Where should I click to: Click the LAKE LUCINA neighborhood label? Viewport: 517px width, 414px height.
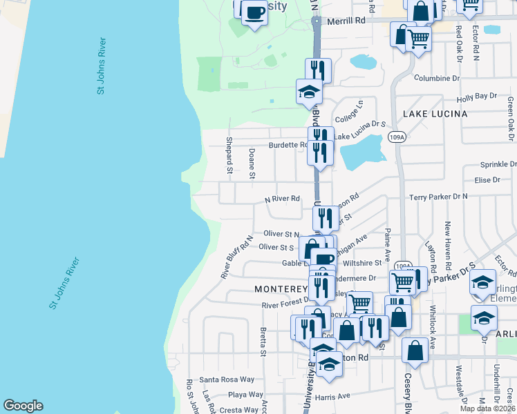pos(436,113)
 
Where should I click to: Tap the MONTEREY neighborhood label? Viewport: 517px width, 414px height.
pos(280,288)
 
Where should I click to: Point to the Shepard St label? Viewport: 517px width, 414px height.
pos(229,155)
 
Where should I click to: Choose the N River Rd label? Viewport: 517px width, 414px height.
pos(283,199)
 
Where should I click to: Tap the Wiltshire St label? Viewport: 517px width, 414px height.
pos(364,263)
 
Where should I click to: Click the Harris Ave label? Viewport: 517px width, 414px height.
pos(335,396)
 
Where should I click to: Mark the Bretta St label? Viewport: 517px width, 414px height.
pos(263,342)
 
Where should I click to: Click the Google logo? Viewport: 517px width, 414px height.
pos(23,406)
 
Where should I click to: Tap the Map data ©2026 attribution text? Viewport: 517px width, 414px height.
pos(487,408)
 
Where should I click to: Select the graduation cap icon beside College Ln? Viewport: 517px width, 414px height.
pos(309,91)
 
